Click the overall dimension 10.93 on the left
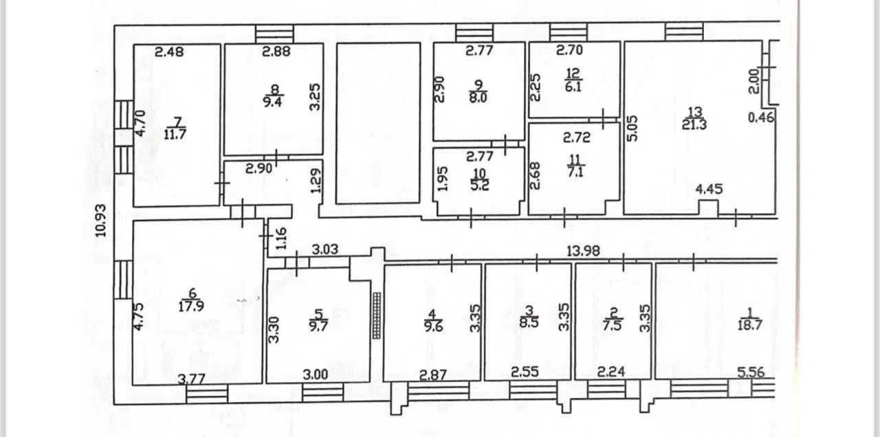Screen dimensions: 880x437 [x=101, y=221]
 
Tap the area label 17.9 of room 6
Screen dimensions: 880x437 [x=191, y=306]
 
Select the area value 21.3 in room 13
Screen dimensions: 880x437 [x=694, y=125]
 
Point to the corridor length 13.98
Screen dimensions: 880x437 [x=584, y=251]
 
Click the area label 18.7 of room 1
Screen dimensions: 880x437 [x=750, y=325]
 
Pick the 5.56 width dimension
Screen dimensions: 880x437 [x=751, y=372]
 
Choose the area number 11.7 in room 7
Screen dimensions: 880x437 [x=175, y=134]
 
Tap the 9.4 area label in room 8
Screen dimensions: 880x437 [x=273, y=102]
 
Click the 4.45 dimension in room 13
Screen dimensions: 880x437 [x=709, y=189]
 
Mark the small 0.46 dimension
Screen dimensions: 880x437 [x=761, y=117]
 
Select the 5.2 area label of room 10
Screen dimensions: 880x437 [x=480, y=185]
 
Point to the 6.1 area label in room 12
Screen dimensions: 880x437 [x=573, y=87]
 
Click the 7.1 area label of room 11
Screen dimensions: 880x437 [x=575, y=172]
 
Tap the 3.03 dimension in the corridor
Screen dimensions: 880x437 [x=325, y=249]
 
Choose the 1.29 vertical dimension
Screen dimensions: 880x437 [x=316, y=181]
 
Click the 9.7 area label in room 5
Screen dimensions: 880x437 [x=318, y=326]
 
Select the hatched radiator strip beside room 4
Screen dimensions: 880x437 [x=377, y=315]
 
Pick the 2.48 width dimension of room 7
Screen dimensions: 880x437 [x=169, y=52]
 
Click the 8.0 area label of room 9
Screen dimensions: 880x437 [x=478, y=97]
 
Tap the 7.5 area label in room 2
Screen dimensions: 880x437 [x=613, y=326]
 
